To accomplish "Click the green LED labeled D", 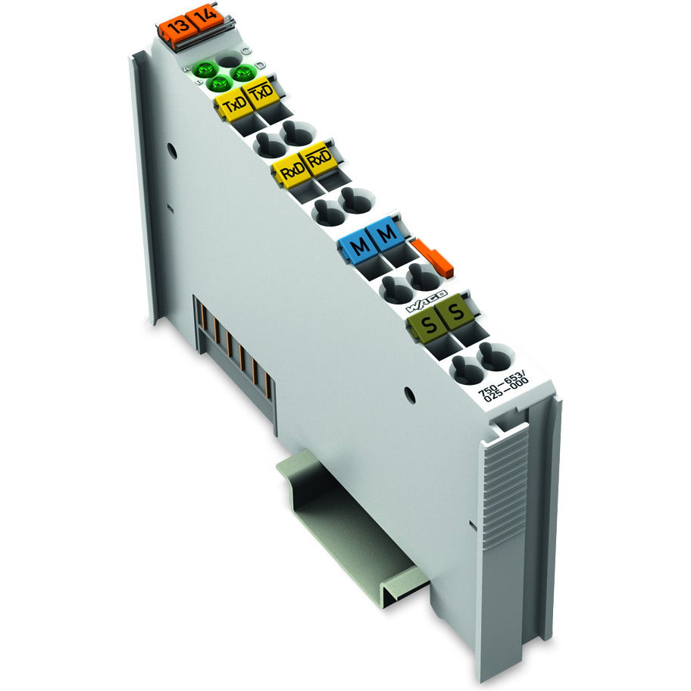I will pyautogui.click(x=243, y=72).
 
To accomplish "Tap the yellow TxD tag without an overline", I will pyautogui.click(x=232, y=107).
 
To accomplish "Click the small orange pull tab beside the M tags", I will pyautogui.click(x=434, y=256).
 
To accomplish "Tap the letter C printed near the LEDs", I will pyautogui.click(x=245, y=50).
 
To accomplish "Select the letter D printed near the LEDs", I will pyautogui.click(x=260, y=65).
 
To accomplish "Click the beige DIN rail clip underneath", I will pyautogui.click(x=341, y=515).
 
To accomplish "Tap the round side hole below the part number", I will pyautogui.click(x=410, y=394).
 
